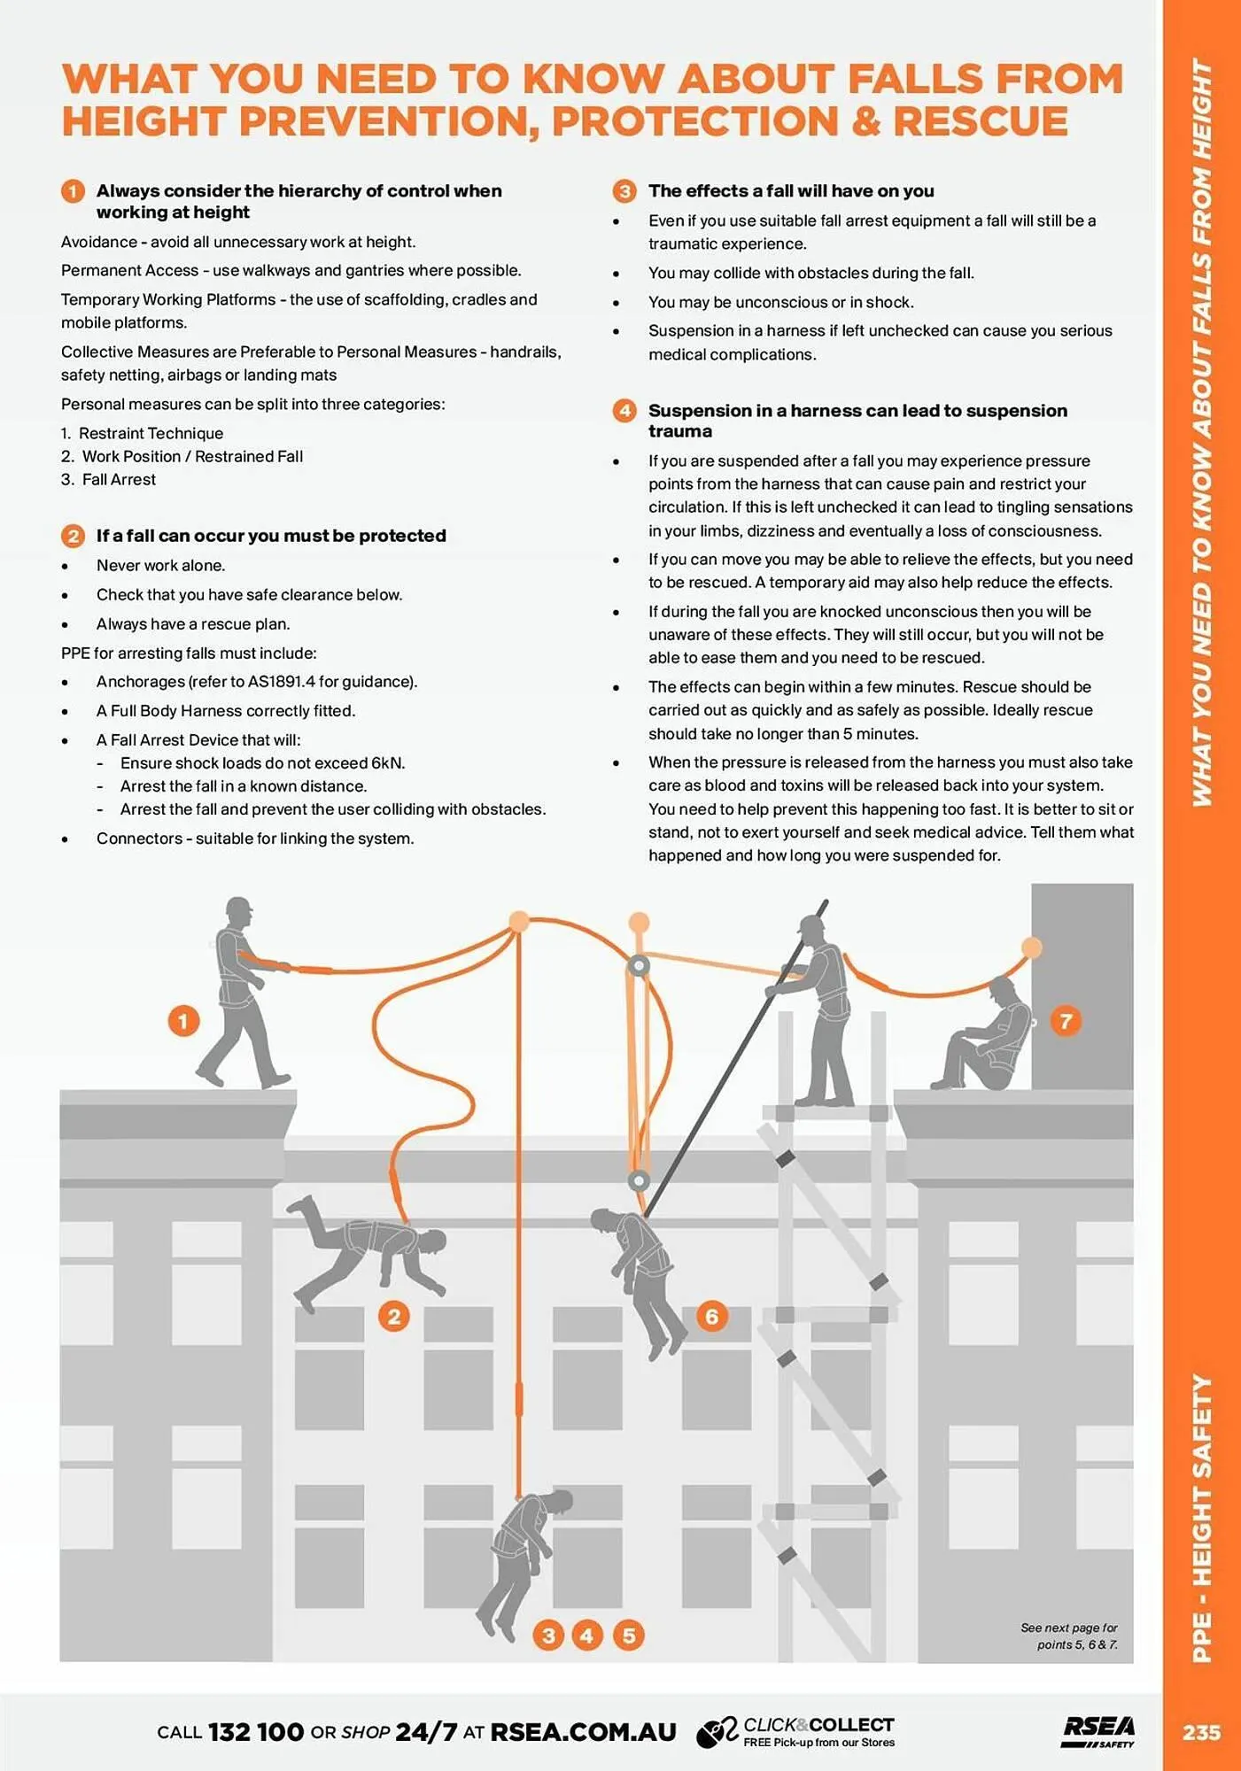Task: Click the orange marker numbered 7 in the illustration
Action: click(x=1066, y=1021)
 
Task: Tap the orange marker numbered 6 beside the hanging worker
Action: click(x=711, y=1316)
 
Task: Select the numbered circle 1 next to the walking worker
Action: click(x=183, y=1021)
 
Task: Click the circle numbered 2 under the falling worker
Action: click(x=394, y=1316)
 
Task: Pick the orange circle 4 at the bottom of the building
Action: click(x=586, y=1636)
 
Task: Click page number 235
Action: click(x=1201, y=1732)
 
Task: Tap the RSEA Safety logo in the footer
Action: click(x=1098, y=1731)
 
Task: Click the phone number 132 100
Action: click(x=256, y=1732)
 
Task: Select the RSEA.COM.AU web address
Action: click(x=583, y=1732)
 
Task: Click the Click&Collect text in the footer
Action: click(x=818, y=1724)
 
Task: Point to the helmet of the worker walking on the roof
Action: click(x=239, y=908)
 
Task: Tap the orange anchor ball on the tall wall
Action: click(x=1031, y=948)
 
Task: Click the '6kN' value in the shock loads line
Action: click(x=387, y=763)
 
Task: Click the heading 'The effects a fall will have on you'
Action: click(x=790, y=191)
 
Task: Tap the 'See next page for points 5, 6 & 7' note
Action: click(x=1069, y=1636)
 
